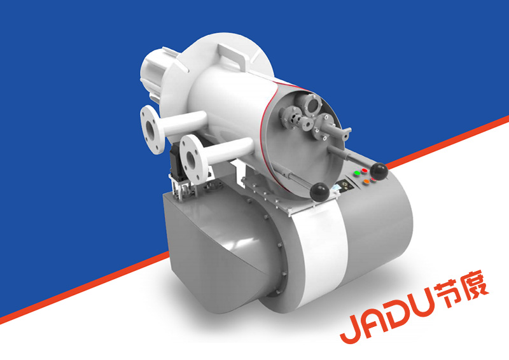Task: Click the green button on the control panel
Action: (357, 173)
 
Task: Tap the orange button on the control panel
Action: (366, 182)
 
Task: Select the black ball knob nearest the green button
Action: (379, 171)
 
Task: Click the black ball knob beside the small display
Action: (320, 192)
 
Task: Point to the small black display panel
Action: (345, 185)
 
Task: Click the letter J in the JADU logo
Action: (354, 326)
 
